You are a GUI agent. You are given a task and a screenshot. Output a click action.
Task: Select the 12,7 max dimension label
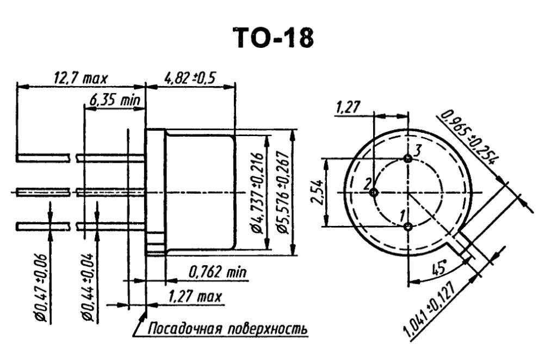point(80,77)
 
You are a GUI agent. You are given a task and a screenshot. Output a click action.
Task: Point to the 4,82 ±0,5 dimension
point(190,77)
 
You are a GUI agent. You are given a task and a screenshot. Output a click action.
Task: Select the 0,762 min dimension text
point(216,272)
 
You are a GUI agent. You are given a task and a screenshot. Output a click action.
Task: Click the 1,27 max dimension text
point(195,296)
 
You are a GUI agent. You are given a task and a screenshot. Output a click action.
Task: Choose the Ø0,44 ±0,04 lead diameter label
point(88,287)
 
